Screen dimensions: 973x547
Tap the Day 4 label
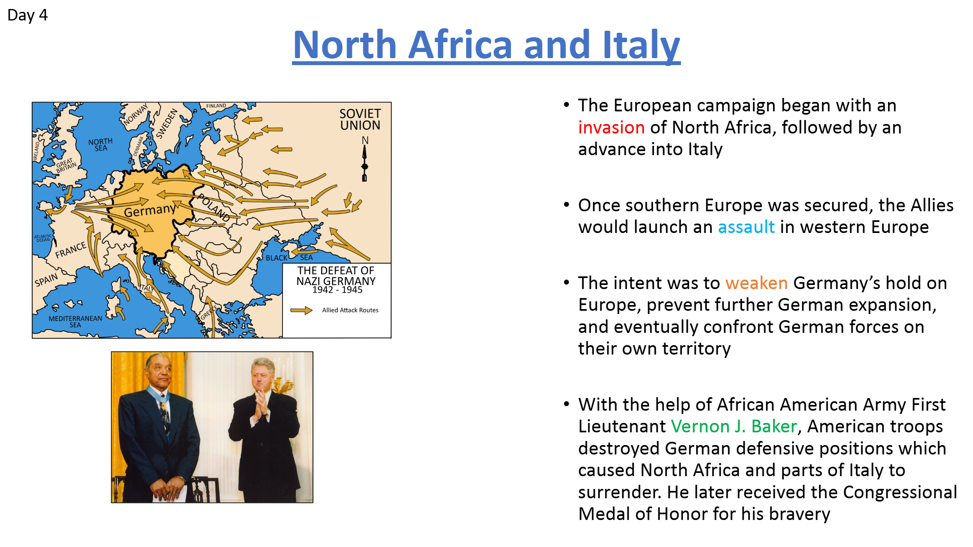pos(27,15)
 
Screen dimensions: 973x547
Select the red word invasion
pos(611,127)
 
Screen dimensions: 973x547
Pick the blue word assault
pos(746,227)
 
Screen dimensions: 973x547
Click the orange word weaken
pos(756,283)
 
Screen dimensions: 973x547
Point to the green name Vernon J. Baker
pos(734,426)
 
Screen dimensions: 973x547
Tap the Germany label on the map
pos(150,210)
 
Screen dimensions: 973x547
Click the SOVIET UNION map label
pos(360,119)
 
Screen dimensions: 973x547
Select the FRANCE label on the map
pos(71,250)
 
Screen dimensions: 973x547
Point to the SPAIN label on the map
pos(46,280)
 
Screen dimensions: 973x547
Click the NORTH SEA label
pos(100,145)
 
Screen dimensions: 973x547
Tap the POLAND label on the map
pos(213,208)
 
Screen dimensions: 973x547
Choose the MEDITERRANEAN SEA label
pos(75,321)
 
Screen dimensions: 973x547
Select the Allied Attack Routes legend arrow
pos(301,310)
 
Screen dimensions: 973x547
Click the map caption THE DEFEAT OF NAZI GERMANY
pos(336,276)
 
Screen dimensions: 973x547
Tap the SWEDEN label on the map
pos(167,123)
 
